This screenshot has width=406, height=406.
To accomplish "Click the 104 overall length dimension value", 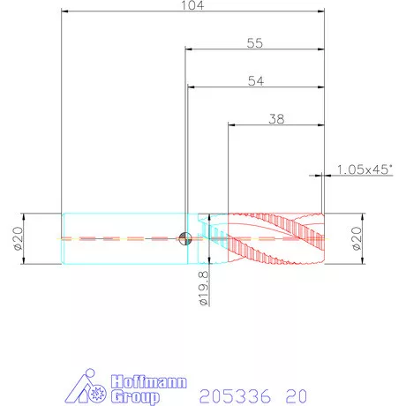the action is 192,5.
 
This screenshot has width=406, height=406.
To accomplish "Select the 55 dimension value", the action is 255,43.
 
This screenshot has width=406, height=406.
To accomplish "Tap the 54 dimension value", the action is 256,81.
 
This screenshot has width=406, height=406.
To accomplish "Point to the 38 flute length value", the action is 276,119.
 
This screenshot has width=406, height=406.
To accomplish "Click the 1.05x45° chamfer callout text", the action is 365,169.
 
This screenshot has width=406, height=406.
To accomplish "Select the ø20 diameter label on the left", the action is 19,238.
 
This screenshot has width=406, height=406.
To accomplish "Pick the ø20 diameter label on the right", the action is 357,238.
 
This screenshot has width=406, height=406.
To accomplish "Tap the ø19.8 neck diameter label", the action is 204,289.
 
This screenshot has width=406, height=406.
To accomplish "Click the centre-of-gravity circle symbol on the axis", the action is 185,238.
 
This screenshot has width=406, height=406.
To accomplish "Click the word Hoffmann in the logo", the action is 149,382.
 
